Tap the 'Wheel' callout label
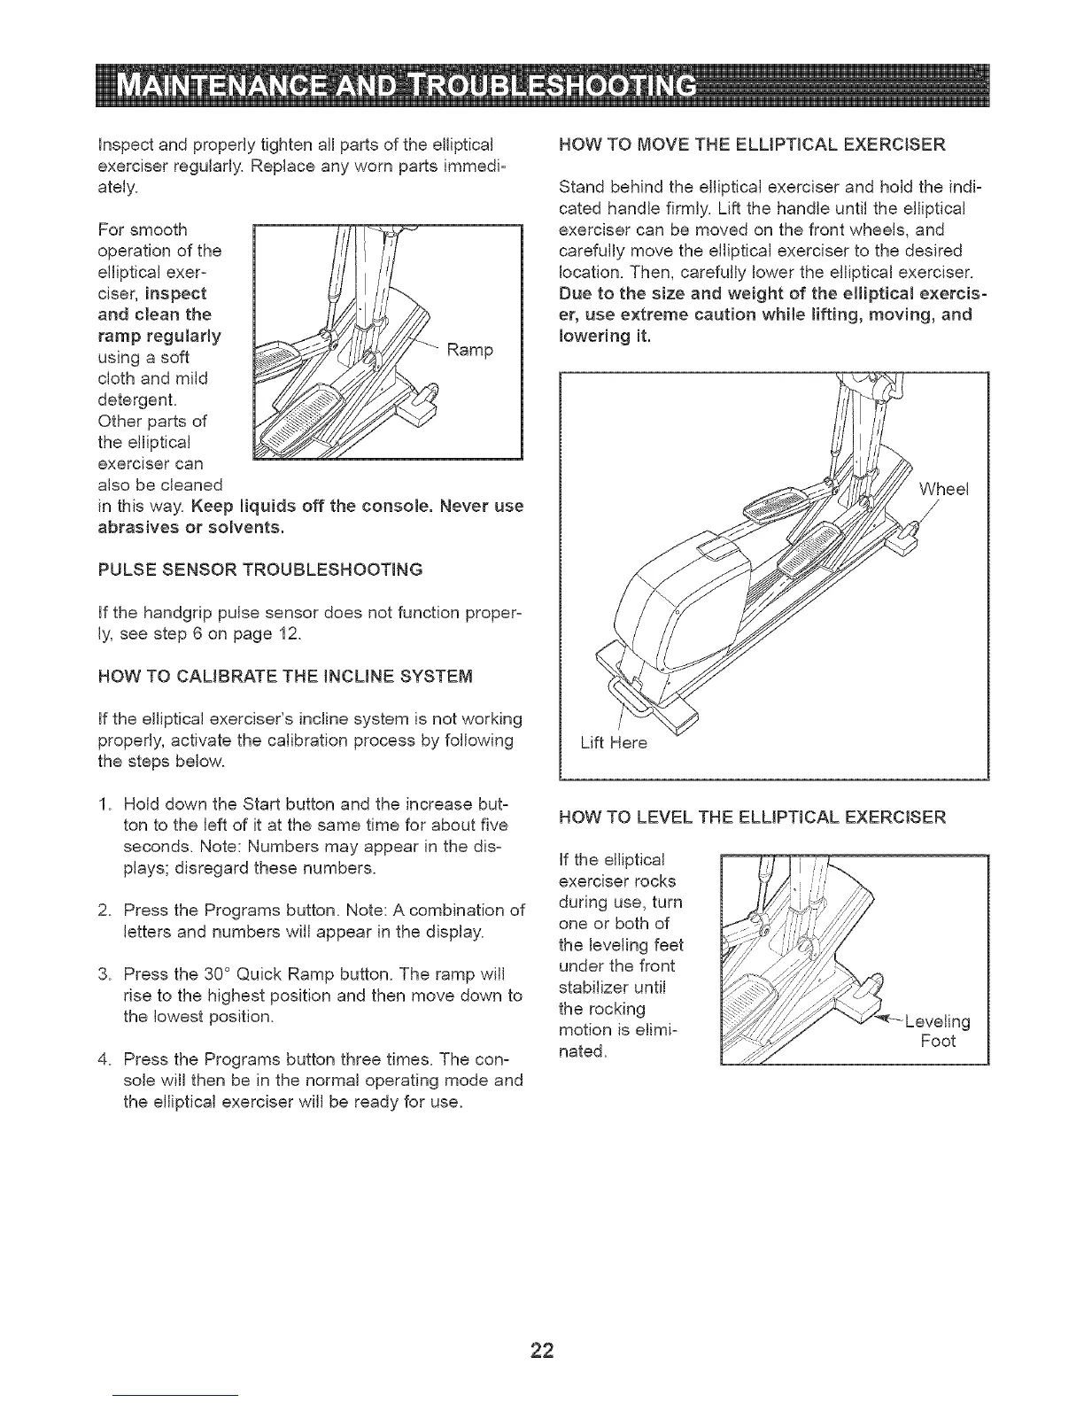coord(945,489)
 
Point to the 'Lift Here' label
coord(614,743)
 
